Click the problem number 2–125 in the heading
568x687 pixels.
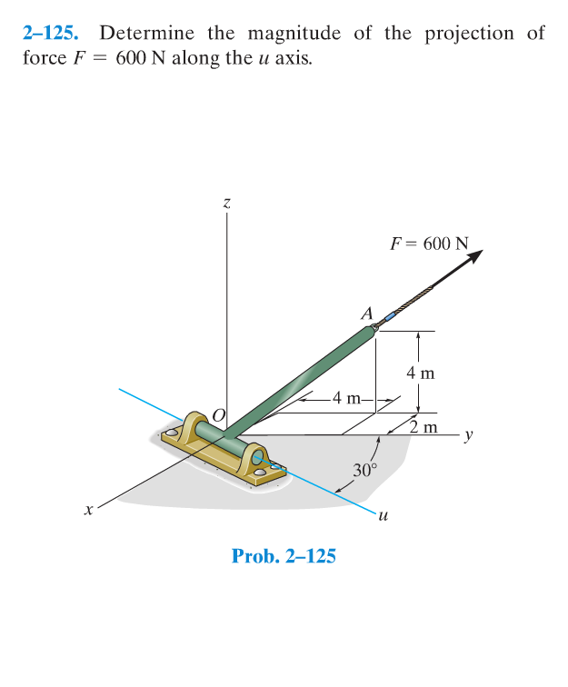(x=50, y=34)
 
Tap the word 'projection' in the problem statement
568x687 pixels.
(x=469, y=35)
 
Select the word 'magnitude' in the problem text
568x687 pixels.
(x=294, y=35)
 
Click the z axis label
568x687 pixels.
(x=226, y=204)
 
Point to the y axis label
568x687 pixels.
(x=469, y=435)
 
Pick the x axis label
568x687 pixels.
(x=89, y=510)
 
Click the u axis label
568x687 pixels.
(x=383, y=516)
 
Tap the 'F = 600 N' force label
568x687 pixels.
(x=430, y=244)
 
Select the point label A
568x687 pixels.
(x=367, y=314)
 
